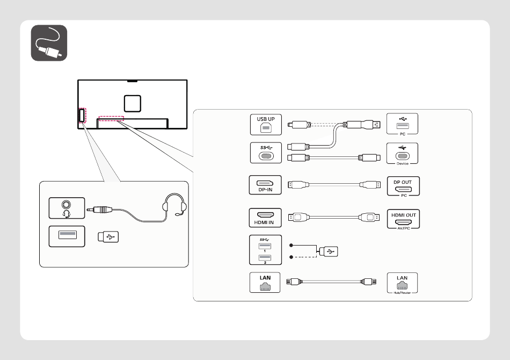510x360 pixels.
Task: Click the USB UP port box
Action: click(x=266, y=124)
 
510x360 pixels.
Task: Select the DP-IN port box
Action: click(x=265, y=185)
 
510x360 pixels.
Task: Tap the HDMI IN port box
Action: click(x=265, y=218)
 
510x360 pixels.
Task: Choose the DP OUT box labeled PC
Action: click(x=403, y=186)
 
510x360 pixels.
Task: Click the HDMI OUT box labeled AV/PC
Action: click(x=403, y=219)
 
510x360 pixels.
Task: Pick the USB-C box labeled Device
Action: click(x=402, y=154)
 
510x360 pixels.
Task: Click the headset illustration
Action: click(x=174, y=205)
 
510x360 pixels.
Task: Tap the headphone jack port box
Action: click(x=67, y=208)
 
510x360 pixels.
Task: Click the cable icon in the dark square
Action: click(x=49, y=43)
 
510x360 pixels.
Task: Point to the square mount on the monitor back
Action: click(x=133, y=104)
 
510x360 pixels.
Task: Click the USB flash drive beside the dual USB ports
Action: click(x=329, y=251)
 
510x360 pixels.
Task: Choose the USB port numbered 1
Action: click(x=265, y=246)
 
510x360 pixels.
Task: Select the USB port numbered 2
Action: click(x=265, y=258)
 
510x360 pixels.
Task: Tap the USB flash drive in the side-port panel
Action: click(x=108, y=236)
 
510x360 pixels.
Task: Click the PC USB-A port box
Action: click(x=402, y=124)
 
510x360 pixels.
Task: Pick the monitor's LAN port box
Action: click(x=265, y=283)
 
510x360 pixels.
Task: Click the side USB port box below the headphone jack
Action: click(x=67, y=236)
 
